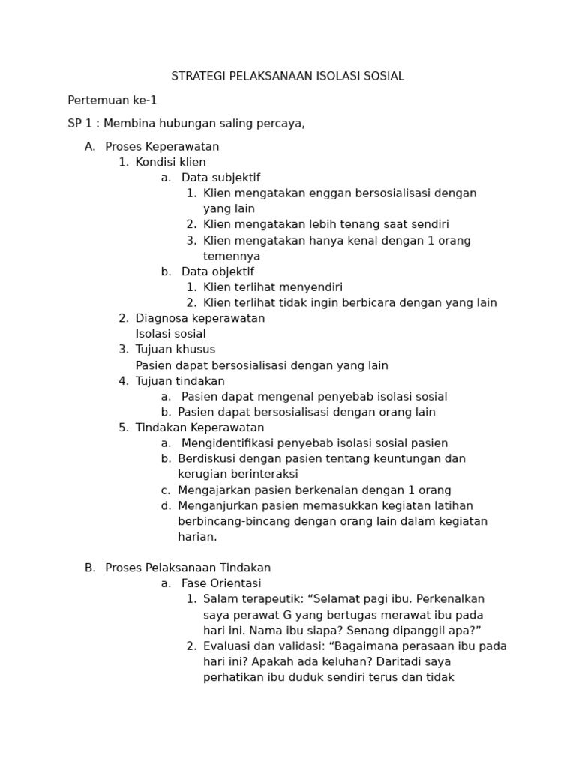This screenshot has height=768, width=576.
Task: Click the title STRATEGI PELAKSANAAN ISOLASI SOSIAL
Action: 287,76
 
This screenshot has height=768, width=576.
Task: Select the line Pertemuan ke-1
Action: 112,100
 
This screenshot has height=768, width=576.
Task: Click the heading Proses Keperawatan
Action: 162,147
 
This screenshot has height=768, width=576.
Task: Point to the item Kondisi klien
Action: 170,163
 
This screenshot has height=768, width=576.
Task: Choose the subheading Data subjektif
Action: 220,178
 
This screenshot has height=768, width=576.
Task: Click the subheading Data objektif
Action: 217,271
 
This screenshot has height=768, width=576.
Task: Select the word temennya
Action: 232,256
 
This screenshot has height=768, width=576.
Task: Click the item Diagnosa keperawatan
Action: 200,318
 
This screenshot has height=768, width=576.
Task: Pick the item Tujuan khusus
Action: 175,349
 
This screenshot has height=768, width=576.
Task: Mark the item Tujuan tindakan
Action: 180,381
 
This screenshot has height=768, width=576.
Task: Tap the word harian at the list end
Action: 196,537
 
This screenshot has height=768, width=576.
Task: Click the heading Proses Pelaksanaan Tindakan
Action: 187,568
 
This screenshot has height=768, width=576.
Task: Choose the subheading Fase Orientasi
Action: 221,583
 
